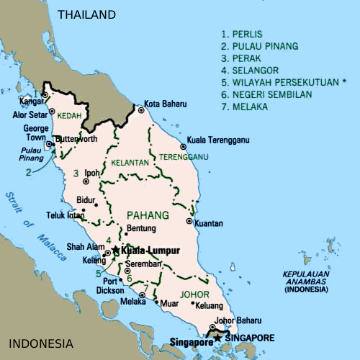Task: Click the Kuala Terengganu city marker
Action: [x=183, y=146]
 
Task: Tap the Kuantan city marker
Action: [x=189, y=221]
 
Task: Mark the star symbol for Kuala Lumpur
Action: [x=115, y=250]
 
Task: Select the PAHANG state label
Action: [x=148, y=215]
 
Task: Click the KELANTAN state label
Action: [x=131, y=163]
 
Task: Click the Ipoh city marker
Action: [x=81, y=174]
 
